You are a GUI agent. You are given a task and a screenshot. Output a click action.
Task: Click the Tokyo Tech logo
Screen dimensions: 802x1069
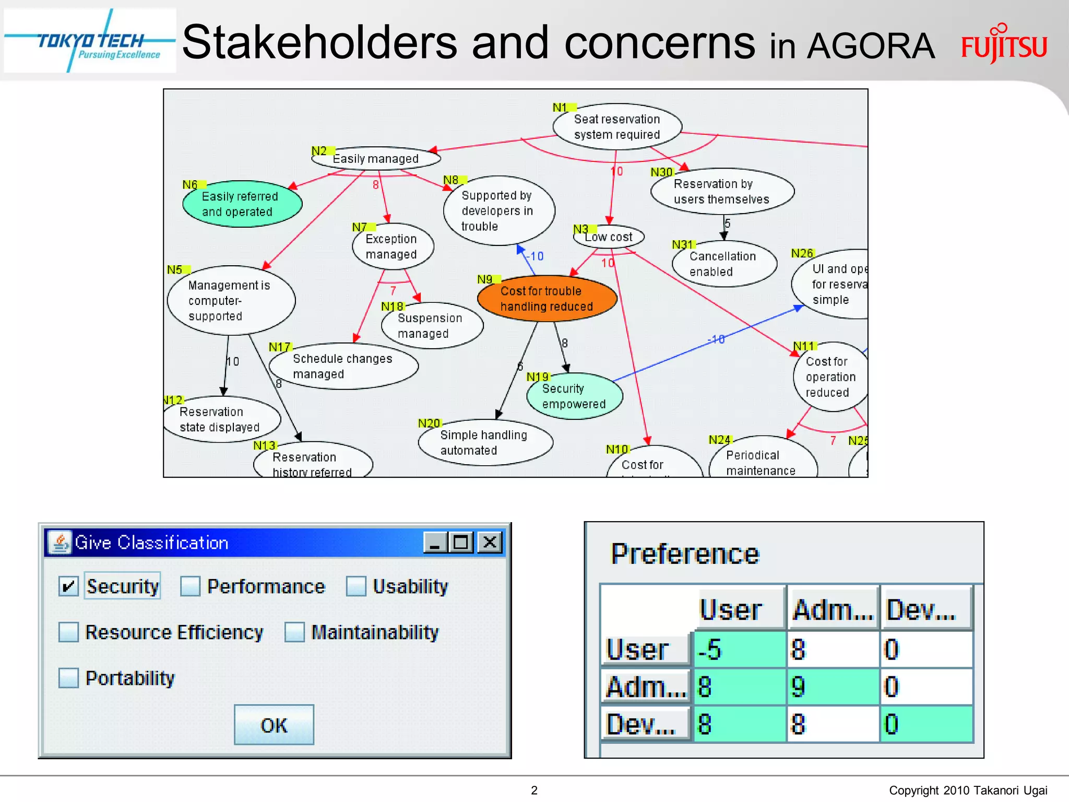click(90, 41)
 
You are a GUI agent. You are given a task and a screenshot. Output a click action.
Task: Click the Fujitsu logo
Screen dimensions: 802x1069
click(1004, 45)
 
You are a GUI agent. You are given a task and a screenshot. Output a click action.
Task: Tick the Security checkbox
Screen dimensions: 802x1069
click(68, 586)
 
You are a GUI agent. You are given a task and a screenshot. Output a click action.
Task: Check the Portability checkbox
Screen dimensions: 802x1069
click(68, 678)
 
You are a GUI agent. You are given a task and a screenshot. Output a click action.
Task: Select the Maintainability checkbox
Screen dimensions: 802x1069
click(294, 632)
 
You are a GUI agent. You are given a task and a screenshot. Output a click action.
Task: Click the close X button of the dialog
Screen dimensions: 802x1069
click(490, 542)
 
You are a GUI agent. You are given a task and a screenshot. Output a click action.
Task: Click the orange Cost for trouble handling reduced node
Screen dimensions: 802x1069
click(547, 299)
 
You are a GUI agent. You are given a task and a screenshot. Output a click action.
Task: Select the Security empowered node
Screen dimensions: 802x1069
click(574, 396)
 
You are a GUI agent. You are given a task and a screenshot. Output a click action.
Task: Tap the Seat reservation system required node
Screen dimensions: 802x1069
click(617, 127)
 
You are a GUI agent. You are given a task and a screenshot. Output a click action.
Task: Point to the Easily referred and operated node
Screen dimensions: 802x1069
click(242, 204)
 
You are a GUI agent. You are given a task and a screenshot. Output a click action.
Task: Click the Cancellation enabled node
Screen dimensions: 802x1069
click(723, 264)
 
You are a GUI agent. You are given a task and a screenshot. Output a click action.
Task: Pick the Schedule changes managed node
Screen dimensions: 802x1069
click(343, 366)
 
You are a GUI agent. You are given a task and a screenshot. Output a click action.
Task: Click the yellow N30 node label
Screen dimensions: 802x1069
click(661, 172)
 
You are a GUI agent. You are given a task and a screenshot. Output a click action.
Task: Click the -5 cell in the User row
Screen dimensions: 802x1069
click(740, 650)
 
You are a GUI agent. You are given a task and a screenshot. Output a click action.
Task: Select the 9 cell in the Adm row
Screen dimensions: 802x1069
click(832, 687)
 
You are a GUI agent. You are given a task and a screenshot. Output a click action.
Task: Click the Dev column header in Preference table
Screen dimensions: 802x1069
click(925, 609)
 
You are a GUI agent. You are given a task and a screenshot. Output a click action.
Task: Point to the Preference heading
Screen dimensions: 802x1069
click(684, 553)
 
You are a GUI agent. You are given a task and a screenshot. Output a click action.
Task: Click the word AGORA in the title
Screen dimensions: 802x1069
click(870, 46)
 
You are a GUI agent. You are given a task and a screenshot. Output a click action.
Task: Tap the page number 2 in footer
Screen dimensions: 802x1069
click(534, 790)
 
